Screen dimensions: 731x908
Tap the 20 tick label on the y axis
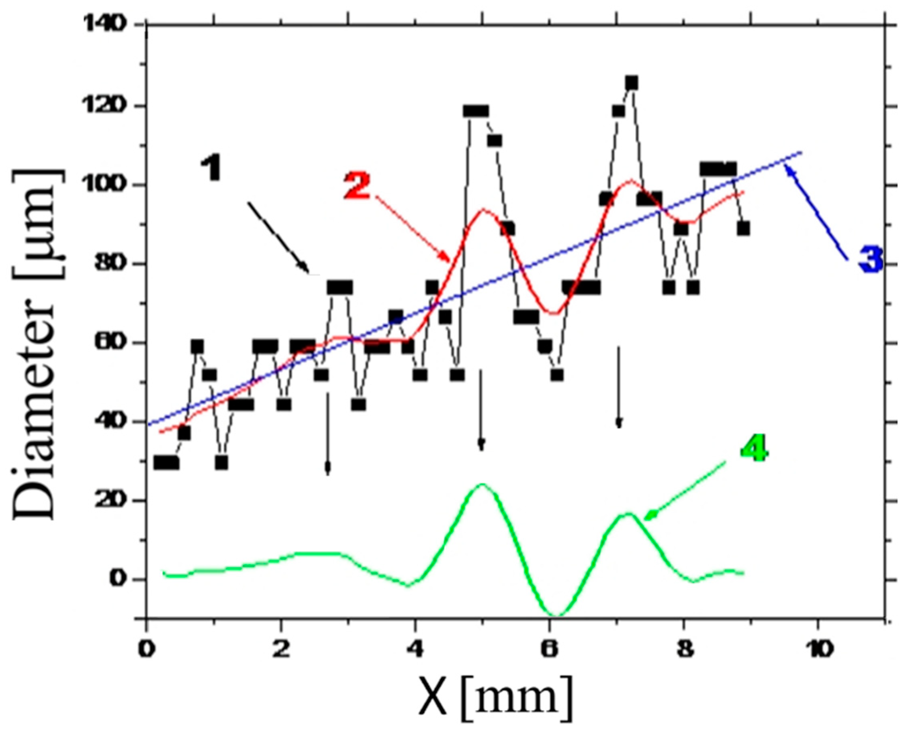tap(120, 501)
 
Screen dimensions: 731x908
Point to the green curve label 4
tap(754, 450)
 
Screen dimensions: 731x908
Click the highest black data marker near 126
tap(631, 83)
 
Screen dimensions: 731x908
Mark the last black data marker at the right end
tap(744, 229)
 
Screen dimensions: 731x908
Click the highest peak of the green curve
tap(482, 484)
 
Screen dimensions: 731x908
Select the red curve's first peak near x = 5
tap(484, 209)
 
